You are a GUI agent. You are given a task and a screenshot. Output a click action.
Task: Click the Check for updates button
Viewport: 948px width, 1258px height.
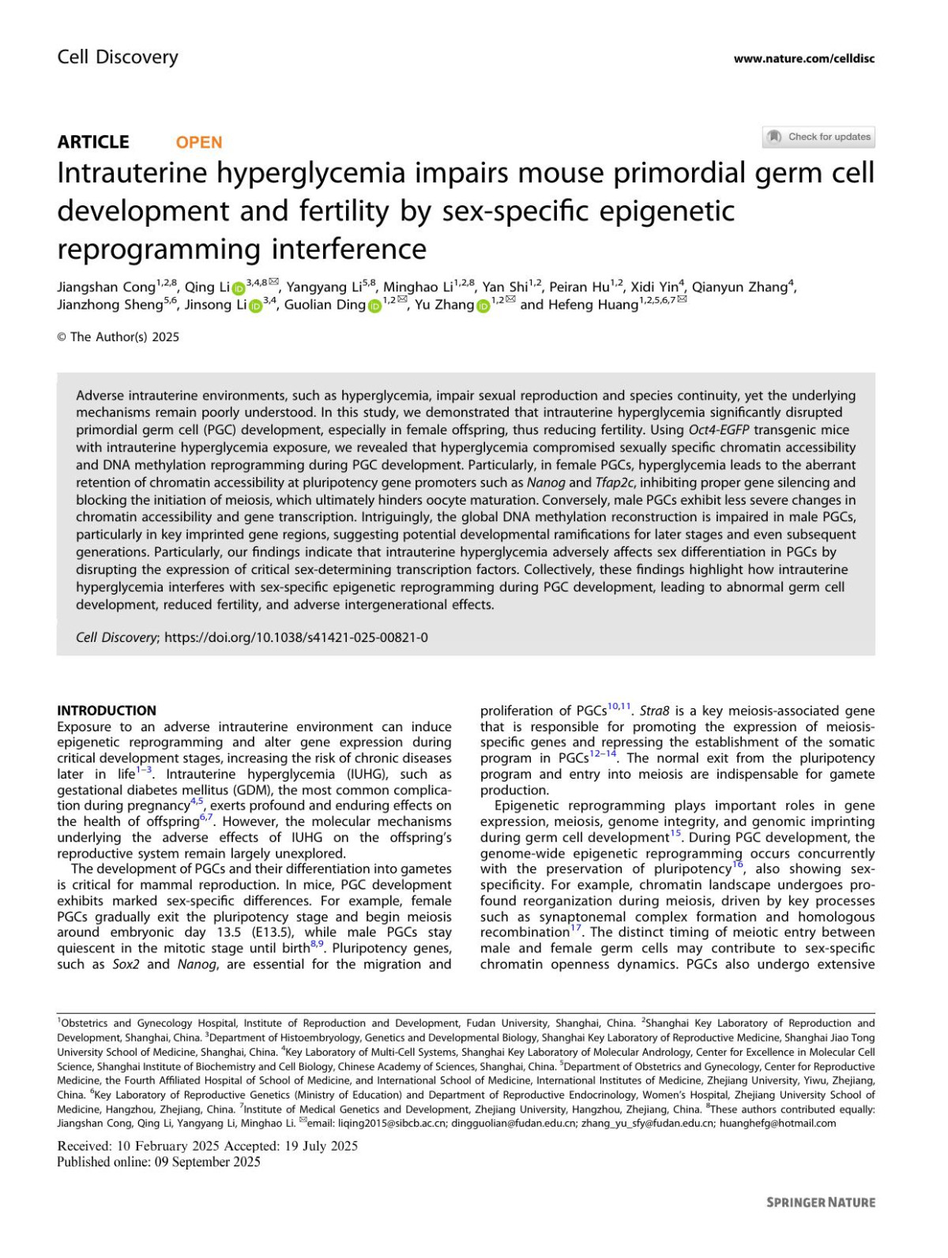[x=818, y=137]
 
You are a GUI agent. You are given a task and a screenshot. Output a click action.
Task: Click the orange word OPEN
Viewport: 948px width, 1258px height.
[x=198, y=142]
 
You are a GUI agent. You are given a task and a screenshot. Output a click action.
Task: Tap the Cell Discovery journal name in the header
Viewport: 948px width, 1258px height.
[x=118, y=57]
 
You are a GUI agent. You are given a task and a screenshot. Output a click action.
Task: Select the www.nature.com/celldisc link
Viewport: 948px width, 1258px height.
[x=803, y=58]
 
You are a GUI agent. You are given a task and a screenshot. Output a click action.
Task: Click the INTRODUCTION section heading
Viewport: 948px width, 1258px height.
[x=107, y=710]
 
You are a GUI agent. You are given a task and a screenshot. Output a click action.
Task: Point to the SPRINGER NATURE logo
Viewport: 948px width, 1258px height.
[x=821, y=1202]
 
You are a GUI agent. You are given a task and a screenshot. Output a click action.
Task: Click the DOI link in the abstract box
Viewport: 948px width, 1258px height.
[x=296, y=637]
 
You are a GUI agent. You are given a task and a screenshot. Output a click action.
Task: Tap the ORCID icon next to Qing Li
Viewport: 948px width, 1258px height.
[x=238, y=288]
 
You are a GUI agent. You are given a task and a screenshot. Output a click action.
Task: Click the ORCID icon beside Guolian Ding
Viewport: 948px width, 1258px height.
[x=374, y=306]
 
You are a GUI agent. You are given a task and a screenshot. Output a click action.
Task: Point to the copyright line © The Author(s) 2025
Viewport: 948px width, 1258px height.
[x=118, y=337]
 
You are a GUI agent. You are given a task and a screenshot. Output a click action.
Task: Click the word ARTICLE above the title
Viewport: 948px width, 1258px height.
[x=93, y=142]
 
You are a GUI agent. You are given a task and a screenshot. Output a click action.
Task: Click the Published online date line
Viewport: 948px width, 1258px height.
[x=159, y=1162]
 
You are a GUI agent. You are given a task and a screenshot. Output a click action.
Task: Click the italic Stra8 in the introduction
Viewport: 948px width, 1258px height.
[x=654, y=711]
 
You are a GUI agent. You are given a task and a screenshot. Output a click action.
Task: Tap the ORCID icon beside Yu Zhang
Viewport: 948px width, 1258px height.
[x=483, y=306]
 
